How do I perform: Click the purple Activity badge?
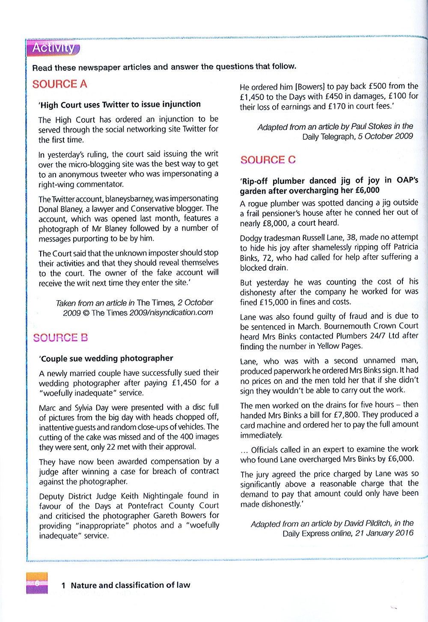tap(53, 48)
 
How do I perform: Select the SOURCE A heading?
tap(59, 84)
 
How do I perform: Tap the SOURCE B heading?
tap(60, 338)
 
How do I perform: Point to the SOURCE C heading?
tap(268, 160)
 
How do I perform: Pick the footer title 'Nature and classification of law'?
tap(130, 585)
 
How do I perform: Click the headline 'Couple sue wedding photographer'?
tap(106, 358)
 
